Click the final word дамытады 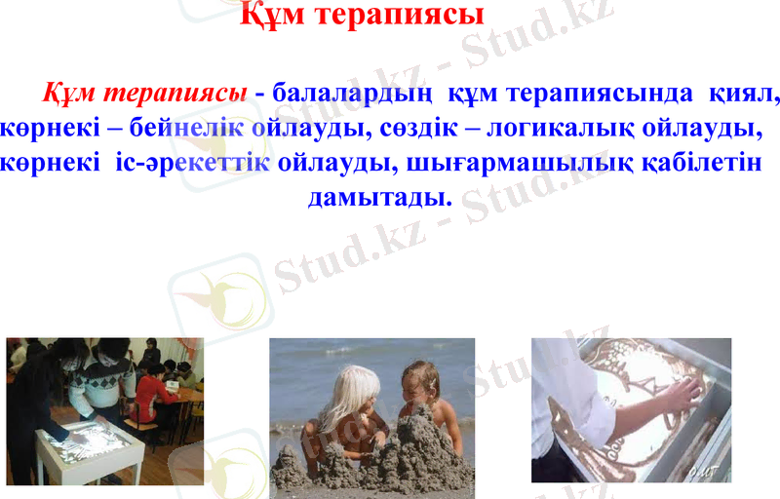pos(380,196)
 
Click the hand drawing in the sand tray pos(680,395)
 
